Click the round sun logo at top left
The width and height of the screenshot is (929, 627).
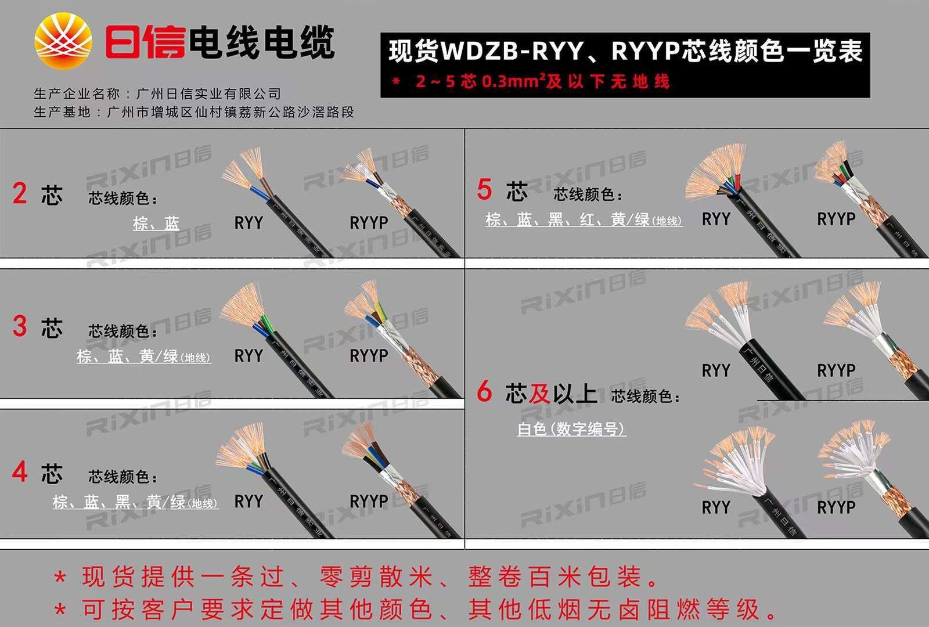(x=63, y=40)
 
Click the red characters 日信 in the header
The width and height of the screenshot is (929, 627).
(x=145, y=42)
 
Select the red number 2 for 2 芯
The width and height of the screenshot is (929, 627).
(x=20, y=193)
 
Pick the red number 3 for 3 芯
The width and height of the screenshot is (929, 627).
(x=20, y=326)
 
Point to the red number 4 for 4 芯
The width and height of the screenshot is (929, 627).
(x=20, y=472)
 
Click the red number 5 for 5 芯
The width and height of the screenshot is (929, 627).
(x=484, y=190)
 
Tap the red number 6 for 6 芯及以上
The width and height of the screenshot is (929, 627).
(x=484, y=392)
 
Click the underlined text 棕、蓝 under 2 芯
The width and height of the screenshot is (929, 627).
(x=156, y=224)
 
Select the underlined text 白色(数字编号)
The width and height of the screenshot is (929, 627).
(x=571, y=429)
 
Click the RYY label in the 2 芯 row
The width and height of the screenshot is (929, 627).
(x=249, y=223)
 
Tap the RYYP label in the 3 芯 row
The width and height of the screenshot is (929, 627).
(x=369, y=356)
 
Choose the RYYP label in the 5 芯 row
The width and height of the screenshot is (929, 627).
(x=836, y=219)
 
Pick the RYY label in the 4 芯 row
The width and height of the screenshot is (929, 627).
(x=249, y=502)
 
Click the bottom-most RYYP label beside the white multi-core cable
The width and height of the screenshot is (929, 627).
(x=836, y=507)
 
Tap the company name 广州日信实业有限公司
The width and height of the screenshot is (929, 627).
(x=208, y=94)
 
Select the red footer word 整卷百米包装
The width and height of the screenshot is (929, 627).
(x=554, y=577)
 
